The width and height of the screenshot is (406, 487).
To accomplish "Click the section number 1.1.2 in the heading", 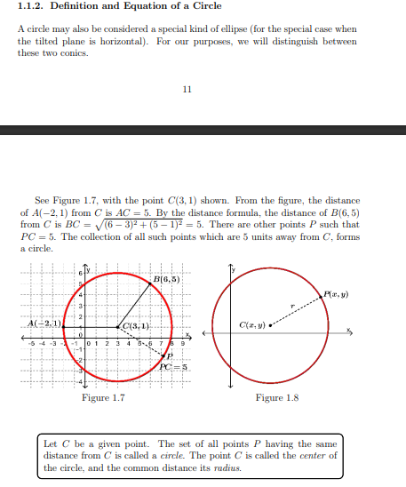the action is click(31, 7).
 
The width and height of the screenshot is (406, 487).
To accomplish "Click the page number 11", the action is click(186, 89).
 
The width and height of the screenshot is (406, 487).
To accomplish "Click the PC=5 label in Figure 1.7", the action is click(172, 366).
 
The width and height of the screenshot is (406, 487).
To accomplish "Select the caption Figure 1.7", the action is click(102, 398).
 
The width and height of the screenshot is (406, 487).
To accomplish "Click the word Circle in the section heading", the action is click(207, 7).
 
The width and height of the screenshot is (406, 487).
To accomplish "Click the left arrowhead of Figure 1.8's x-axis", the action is click(211, 334).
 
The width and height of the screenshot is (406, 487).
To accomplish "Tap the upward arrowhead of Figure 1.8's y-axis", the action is click(230, 267).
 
